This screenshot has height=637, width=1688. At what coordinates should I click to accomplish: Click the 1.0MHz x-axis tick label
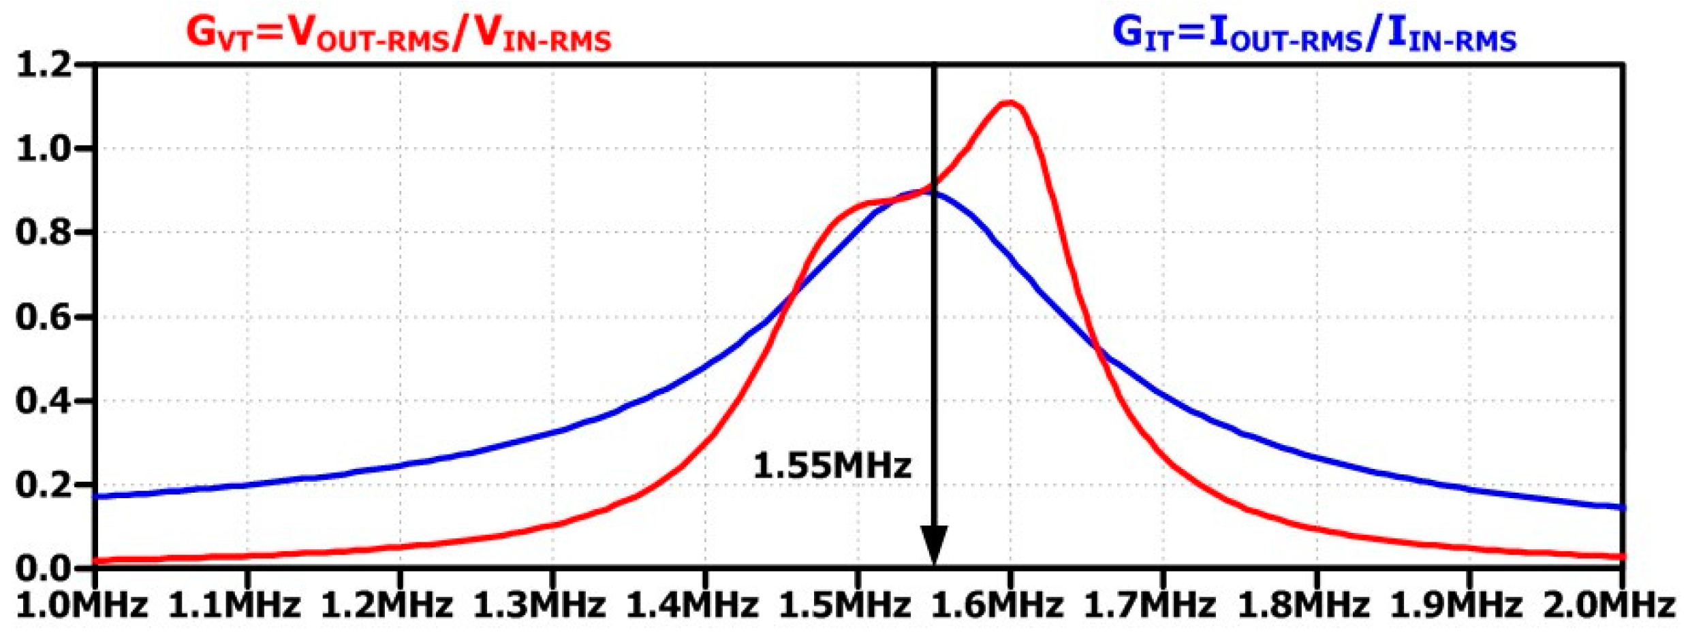[82, 605]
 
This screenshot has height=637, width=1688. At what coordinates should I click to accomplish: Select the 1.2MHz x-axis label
[386, 605]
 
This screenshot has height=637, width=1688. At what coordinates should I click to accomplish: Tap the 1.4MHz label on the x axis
[691, 605]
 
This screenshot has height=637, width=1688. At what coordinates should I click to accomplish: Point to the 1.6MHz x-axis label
[997, 605]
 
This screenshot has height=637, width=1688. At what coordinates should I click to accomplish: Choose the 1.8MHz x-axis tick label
[1302, 605]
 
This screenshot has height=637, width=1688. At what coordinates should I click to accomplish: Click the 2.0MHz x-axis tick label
[1608, 605]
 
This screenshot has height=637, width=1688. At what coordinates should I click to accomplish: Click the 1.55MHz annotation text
[832, 466]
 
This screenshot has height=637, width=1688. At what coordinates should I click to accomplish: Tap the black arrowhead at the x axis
[934, 544]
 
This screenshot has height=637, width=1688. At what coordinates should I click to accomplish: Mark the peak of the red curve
[1010, 103]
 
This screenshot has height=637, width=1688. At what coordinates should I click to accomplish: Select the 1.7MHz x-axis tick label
[1149, 605]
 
